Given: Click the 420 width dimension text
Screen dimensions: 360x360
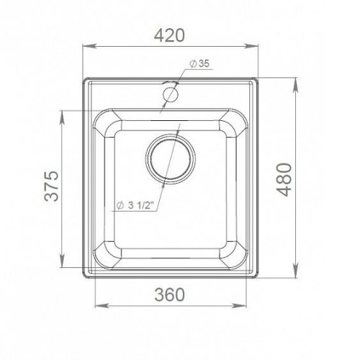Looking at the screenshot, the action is coord(169,35).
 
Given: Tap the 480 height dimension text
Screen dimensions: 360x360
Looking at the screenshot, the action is coord(284,179).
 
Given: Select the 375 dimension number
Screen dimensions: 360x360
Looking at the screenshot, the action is coord(52,186).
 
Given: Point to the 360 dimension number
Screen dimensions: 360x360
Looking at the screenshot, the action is coord(169,294).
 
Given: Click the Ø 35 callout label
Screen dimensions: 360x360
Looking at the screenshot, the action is coord(199,63).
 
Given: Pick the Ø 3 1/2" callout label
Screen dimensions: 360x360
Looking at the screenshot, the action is coord(135,205).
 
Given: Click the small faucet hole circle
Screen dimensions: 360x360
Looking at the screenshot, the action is coord(170,94).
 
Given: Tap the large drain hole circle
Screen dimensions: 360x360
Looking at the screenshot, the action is coord(171,159).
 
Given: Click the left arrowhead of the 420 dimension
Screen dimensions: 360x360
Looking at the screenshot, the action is coord(89,46).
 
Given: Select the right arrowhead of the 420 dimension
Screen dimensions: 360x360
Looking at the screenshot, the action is coord(251,46).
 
